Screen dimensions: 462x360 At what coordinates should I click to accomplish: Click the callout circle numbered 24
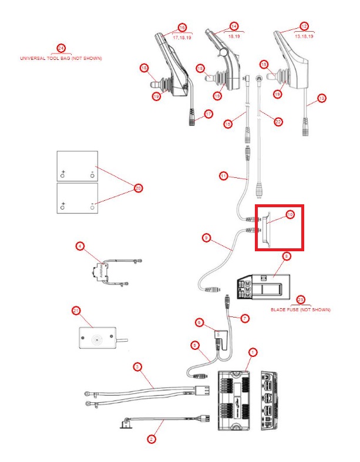click(61, 48)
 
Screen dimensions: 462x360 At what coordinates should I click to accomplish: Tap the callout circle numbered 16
click(182, 28)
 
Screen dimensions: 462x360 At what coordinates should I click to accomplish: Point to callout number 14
click(234, 26)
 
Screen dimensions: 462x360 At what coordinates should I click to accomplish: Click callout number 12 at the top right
click(304, 26)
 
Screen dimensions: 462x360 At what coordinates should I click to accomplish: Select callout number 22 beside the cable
click(278, 122)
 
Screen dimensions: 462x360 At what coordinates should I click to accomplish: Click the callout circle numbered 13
click(321, 99)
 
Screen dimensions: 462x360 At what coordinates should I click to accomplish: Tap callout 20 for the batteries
click(139, 188)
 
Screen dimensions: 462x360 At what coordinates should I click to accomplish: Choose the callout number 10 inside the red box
click(290, 215)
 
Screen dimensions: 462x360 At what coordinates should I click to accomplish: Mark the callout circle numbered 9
click(206, 238)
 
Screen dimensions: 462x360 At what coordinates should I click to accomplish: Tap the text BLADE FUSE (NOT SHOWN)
click(301, 309)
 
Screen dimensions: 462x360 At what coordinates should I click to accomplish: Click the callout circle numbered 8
click(286, 256)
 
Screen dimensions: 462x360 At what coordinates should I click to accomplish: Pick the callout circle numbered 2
click(151, 439)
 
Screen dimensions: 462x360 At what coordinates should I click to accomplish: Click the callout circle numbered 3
click(137, 367)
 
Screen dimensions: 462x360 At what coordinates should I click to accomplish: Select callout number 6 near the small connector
click(200, 322)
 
